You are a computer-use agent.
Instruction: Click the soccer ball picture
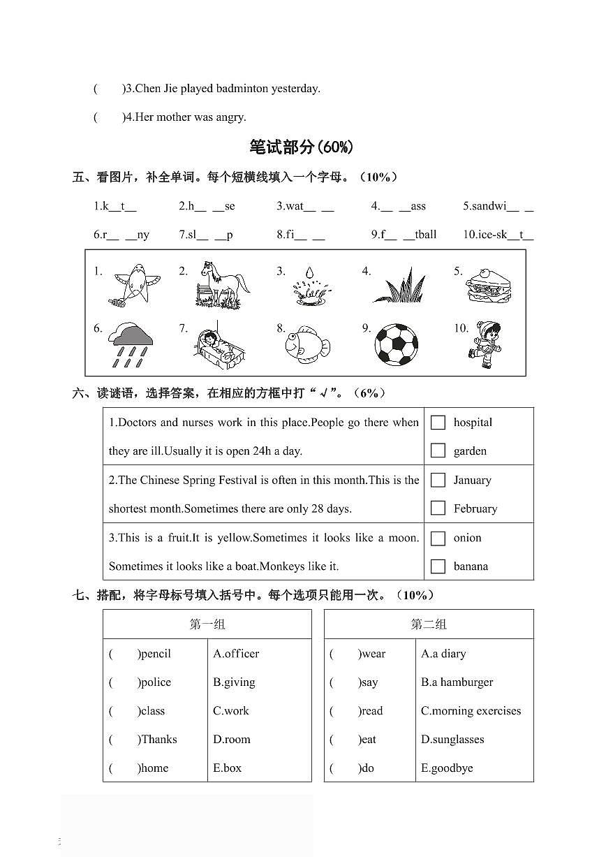point(397,343)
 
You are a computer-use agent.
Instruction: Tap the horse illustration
point(223,284)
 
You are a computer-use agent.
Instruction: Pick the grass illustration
point(400,286)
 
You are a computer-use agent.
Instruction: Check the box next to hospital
point(438,423)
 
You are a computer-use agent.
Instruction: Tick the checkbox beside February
point(438,508)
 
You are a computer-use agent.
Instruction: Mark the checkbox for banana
point(438,566)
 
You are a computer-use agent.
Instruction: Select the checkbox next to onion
point(438,538)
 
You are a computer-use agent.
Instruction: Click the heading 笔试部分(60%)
point(302,147)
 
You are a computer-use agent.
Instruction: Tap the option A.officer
point(236,654)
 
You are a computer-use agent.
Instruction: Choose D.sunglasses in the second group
point(452,740)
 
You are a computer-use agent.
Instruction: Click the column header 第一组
point(207,624)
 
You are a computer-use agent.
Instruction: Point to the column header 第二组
point(429,624)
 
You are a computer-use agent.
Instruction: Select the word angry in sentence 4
point(231,117)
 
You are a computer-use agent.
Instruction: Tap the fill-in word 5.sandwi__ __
point(498,206)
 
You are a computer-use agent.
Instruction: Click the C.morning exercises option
point(471,711)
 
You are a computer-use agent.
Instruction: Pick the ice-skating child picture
point(487,344)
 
